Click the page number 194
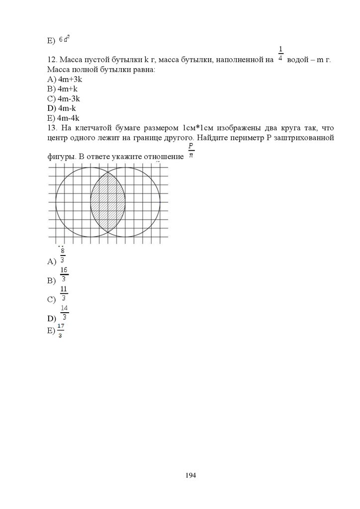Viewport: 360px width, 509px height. pyautogui.click(x=191, y=476)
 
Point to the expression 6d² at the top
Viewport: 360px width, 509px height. pyautogui.click(x=64, y=39)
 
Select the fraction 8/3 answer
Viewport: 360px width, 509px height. pyautogui.click(x=62, y=256)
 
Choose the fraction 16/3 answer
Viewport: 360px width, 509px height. pyautogui.click(x=64, y=274)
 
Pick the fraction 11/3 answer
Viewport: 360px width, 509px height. pyautogui.click(x=64, y=293)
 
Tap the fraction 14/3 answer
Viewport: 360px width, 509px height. pyautogui.click(x=64, y=313)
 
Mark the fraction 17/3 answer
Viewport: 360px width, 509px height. pyautogui.click(x=61, y=331)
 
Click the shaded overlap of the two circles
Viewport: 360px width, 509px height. pyautogui.click(x=108, y=202)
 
